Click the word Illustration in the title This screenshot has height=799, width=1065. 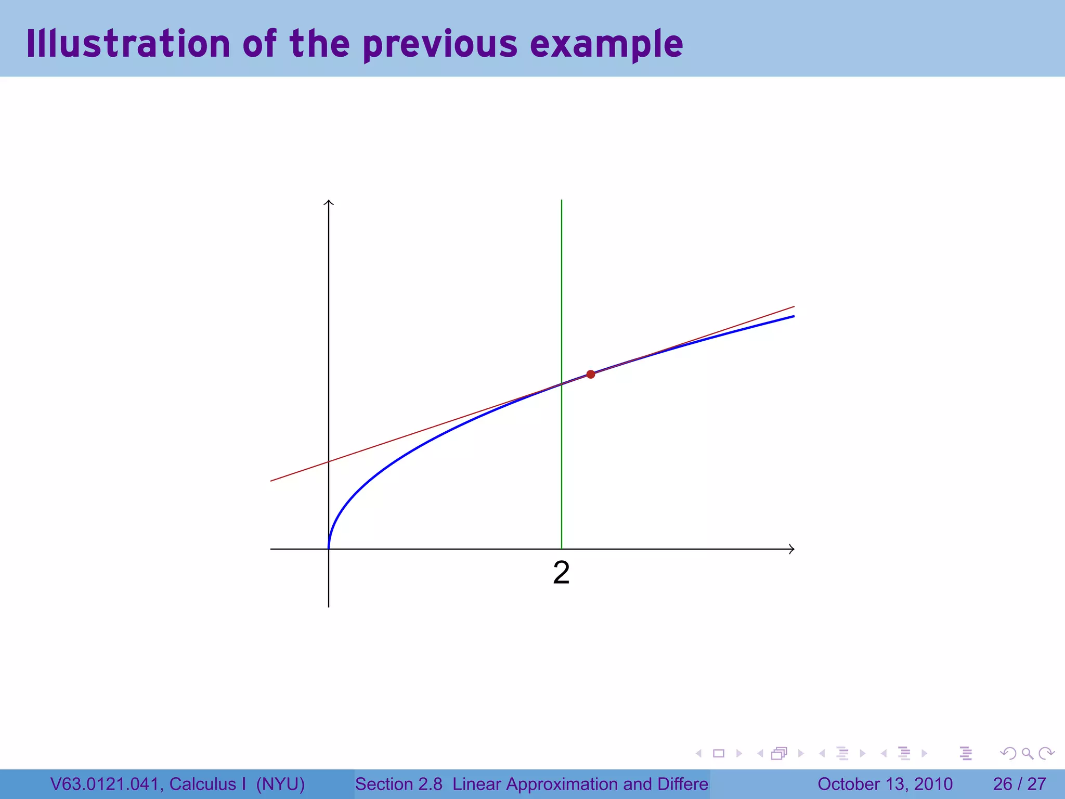click(x=128, y=44)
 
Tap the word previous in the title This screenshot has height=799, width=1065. click(x=440, y=45)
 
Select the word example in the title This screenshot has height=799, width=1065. click(x=606, y=45)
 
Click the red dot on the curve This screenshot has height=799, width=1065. click(x=590, y=375)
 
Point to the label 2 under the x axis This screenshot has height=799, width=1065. click(x=561, y=573)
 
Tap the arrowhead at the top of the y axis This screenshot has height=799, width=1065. click(x=329, y=202)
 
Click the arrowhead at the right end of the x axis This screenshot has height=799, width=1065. click(x=791, y=549)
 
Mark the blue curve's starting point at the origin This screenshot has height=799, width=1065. click(x=329, y=548)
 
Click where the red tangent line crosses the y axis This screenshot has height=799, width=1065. click(x=329, y=462)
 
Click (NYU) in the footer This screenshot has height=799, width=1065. click(x=280, y=784)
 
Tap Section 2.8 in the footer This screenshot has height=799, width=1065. click(x=398, y=784)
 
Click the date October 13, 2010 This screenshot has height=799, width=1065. click(x=885, y=784)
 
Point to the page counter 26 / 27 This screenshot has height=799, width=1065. click(x=1019, y=784)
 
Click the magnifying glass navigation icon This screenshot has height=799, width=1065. click(x=1027, y=753)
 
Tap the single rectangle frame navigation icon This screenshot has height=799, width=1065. click(x=719, y=753)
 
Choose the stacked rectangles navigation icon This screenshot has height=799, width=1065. click(x=779, y=753)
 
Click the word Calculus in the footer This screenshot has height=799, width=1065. click(x=202, y=784)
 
